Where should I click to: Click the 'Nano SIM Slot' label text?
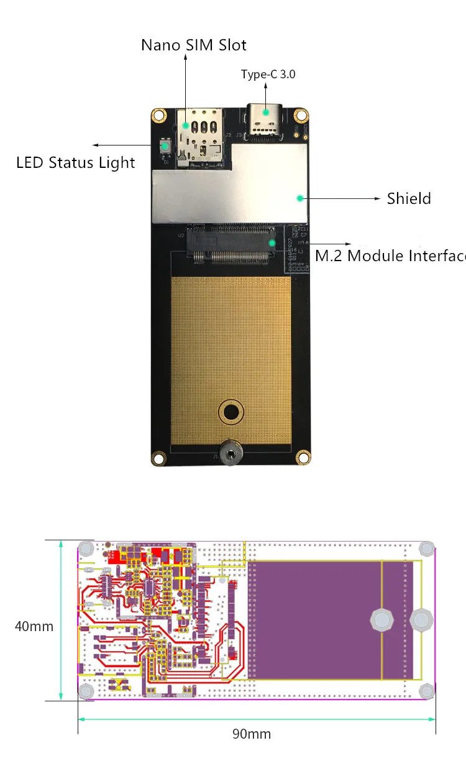pos(193,45)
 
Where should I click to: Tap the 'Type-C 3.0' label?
pos(268,75)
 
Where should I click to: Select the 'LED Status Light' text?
pos(75,163)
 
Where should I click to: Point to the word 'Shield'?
pos(409,198)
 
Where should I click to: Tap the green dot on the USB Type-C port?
pos(266,113)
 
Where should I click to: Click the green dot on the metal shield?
pos(299,198)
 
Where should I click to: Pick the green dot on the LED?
pos(165,147)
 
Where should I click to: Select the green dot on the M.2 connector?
pos(272,242)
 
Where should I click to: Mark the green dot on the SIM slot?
pos(185,125)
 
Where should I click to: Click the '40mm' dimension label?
pos(34,626)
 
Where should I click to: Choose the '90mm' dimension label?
pos(252,734)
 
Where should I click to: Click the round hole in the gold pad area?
pos(231,411)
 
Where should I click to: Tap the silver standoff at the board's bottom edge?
pos(231,454)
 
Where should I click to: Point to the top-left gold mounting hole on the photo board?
pos(159,115)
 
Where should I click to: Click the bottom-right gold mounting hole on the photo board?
pos(303,457)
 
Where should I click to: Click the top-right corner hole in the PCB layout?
pos(426,548)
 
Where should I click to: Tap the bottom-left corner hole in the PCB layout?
pos(86,690)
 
